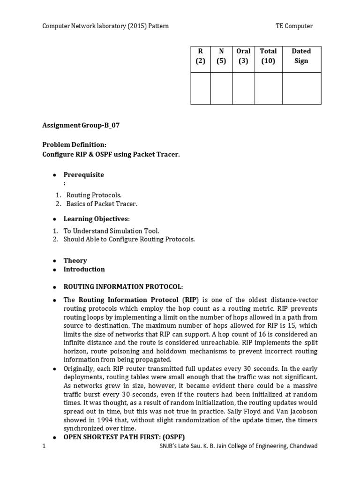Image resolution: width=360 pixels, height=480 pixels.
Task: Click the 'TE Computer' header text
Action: point(293,26)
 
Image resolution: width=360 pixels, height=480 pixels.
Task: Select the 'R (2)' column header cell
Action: point(201,56)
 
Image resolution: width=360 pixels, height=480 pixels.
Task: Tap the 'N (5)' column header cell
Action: point(221,56)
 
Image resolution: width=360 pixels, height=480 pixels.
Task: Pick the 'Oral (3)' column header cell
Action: point(243,56)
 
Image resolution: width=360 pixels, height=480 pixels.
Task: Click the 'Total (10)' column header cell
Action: point(268,56)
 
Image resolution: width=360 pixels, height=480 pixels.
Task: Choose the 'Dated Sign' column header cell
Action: point(301,56)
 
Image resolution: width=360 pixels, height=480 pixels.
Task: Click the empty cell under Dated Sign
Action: point(301,88)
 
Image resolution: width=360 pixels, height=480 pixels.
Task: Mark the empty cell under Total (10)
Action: point(268,88)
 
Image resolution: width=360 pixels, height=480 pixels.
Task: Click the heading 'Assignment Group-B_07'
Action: point(84,125)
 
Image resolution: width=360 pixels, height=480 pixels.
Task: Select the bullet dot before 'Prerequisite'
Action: point(54,175)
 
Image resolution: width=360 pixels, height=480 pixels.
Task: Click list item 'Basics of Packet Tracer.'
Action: point(102,204)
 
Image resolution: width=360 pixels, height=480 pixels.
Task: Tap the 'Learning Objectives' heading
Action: point(96,219)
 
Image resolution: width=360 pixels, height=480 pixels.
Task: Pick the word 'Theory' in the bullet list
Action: point(75,261)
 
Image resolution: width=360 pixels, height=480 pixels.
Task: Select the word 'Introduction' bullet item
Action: point(84,269)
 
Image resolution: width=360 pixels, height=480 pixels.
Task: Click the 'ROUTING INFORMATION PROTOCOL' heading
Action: point(123,286)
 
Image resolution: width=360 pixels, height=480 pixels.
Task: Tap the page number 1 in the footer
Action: point(44,446)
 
